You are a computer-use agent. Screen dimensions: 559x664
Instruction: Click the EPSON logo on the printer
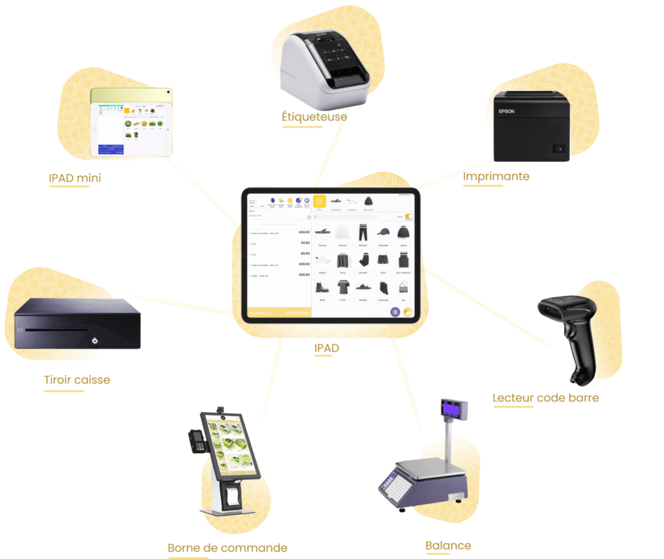click(506, 111)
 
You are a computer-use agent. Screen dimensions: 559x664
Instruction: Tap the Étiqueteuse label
click(314, 117)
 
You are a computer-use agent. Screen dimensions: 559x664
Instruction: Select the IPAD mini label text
click(75, 178)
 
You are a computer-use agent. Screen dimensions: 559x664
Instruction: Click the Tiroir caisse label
click(77, 380)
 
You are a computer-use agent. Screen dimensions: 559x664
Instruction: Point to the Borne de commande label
click(227, 548)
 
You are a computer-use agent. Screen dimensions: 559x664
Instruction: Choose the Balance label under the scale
click(448, 545)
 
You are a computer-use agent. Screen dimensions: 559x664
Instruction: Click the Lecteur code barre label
click(545, 398)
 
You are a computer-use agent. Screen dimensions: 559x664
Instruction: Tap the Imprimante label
click(496, 177)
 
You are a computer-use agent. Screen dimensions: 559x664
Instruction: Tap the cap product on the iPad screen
click(383, 232)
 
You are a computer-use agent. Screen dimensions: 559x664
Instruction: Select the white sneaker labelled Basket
click(322, 260)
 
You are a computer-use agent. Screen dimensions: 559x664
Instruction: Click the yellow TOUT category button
click(320, 202)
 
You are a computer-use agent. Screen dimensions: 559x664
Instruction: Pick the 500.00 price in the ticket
click(303, 275)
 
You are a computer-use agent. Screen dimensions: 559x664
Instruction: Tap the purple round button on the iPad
click(395, 312)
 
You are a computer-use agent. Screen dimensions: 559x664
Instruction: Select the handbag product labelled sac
click(403, 288)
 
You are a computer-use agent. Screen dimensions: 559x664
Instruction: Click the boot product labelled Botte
click(322, 288)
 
